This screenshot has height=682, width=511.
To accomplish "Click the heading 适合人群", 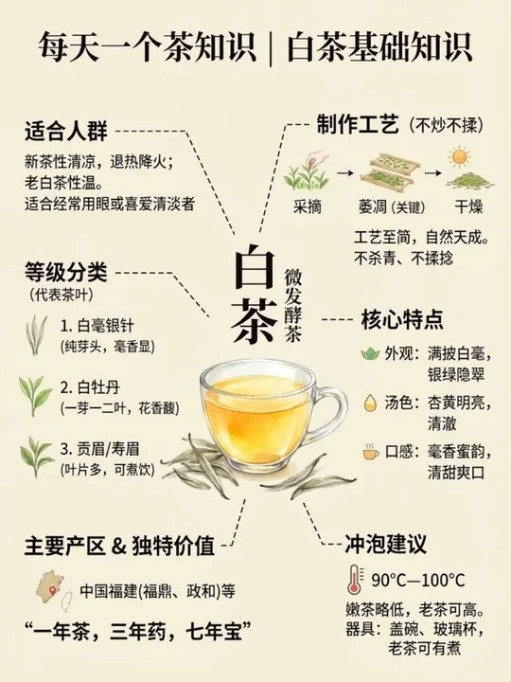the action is [x=66, y=131].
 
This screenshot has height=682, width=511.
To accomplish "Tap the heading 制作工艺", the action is [x=357, y=125].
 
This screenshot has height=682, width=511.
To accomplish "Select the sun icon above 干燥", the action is [x=459, y=157].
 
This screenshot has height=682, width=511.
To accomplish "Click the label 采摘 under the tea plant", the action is [x=307, y=206].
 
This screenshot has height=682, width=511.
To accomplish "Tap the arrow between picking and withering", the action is [x=345, y=173].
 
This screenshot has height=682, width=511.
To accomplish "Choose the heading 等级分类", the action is [x=66, y=273].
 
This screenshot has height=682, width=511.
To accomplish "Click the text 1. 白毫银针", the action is [x=97, y=326].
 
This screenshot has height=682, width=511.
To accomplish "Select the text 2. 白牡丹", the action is [x=90, y=387].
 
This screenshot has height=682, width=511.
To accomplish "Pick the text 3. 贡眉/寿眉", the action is [x=100, y=448].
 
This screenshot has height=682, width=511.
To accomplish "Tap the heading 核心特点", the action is [x=402, y=320].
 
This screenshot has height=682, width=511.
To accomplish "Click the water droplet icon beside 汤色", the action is [x=370, y=404].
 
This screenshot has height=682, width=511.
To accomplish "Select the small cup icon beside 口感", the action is [x=370, y=453].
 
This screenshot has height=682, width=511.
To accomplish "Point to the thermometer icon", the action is [x=354, y=580].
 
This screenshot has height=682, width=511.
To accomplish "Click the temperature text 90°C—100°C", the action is [x=418, y=581].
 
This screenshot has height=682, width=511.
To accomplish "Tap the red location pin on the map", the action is [x=53, y=591].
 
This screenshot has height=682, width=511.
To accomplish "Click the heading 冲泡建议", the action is [x=386, y=544].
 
